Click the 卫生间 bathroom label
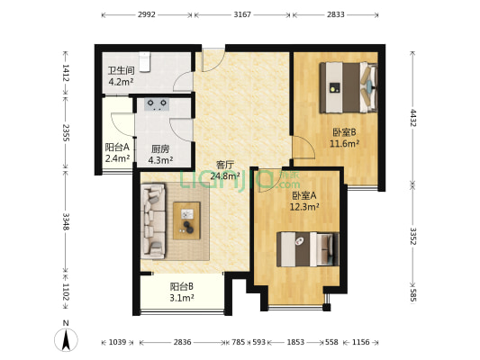pyautogui.click(x=121, y=70)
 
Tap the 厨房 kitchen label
pyautogui.click(x=160, y=149)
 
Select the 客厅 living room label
pyautogui.click(x=225, y=165)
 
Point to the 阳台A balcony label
pyautogui.click(x=117, y=148)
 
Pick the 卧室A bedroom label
pyautogui.click(x=304, y=195)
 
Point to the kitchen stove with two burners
pyautogui.click(x=155, y=103)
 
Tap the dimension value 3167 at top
pyautogui.click(x=241, y=15)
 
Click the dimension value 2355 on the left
pyautogui.click(x=66, y=133)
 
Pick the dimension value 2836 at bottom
pyautogui.click(x=182, y=342)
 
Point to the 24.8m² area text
pyautogui.click(x=225, y=176)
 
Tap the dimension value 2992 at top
pyautogui.click(x=147, y=15)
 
